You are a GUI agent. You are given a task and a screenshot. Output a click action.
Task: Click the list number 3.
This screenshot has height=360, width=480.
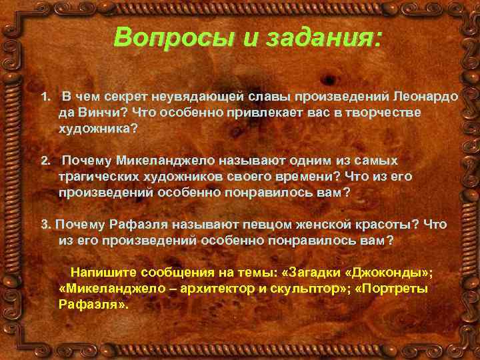click(45, 225)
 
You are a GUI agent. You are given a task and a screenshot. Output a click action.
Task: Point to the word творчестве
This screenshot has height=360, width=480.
click(382, 113)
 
